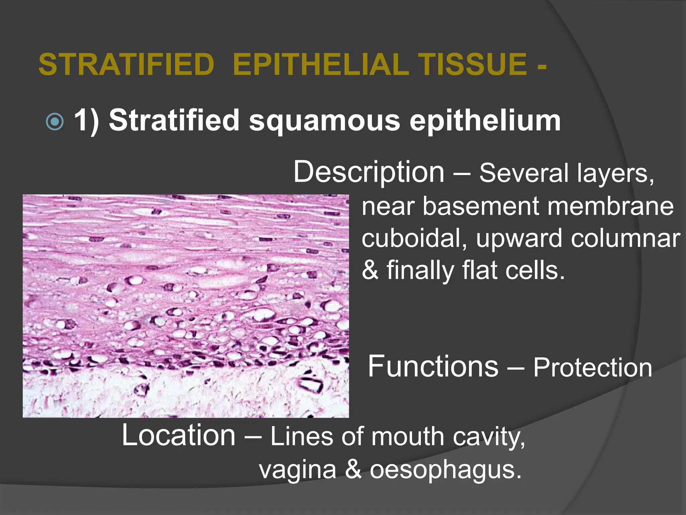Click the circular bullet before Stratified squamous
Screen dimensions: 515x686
pyautogui.click(x=55, y=121)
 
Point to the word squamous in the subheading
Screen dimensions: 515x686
pyautogui.click(x=324, y=121)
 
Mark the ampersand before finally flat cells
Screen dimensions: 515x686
pyautogui.click(x=370, y=270)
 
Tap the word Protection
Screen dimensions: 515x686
pyautogui.click(x=593, y=368)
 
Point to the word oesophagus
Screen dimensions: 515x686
pyautogui.click(x=445, y=470)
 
